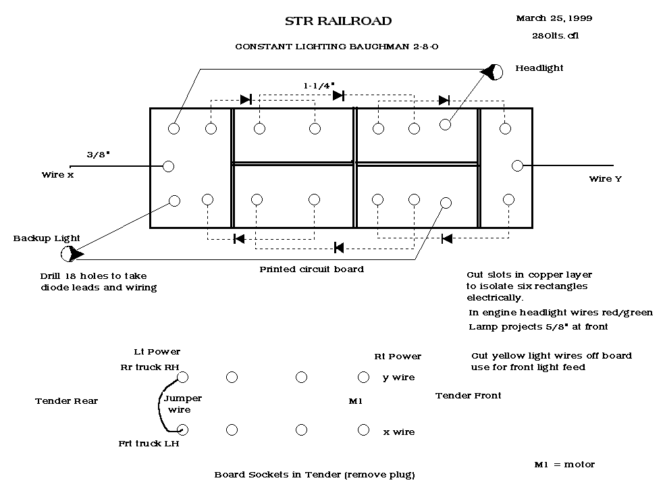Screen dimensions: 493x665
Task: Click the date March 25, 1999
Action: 554,18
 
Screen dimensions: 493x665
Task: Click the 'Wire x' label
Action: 57,175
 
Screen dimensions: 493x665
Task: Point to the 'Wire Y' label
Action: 605,179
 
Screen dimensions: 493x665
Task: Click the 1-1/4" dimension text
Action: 319,86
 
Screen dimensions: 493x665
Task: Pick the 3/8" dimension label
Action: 98,155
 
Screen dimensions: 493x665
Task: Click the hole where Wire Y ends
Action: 518,165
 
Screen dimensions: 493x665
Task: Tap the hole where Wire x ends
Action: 169,166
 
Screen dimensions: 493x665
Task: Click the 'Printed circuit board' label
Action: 311,269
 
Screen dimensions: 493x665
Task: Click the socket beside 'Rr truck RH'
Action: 182,377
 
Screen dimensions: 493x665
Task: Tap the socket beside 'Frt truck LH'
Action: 182,430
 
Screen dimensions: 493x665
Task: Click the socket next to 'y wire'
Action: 363,377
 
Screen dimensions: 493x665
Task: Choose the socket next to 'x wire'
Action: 363,430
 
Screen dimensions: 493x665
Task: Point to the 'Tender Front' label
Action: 468,395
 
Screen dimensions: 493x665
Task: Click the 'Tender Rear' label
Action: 66,400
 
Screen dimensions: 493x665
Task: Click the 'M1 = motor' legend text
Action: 564,464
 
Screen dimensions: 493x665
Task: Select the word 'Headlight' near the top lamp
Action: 539,68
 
